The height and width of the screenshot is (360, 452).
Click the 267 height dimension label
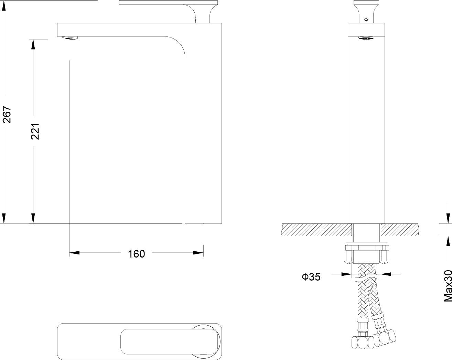coord(7,114)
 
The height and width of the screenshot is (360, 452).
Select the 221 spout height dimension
coord(35,131)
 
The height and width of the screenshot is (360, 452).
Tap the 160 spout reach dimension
coord(137,254)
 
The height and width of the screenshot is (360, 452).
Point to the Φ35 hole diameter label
coord(311,277)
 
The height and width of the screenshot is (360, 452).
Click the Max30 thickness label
coord(448,286)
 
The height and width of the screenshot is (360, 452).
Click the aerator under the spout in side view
coord(69,38)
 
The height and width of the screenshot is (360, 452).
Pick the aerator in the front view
coord(366,38)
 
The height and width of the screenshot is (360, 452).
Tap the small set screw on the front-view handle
coord(366,20)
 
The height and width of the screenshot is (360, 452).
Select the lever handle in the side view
coord(168,6)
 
